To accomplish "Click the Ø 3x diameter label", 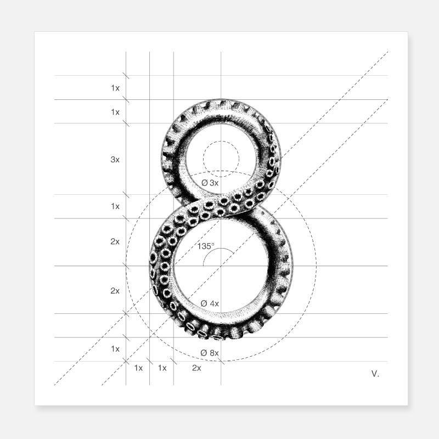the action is tap(210, 183).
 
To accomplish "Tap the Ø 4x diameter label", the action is tap(210, 303).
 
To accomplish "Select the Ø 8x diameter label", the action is tap(210, 353).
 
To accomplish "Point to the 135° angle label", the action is tap(206, 246).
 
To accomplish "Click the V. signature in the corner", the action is tap(375, 374).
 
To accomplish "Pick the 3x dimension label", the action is tap(115, 159).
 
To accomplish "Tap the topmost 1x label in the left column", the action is tap(115, 88).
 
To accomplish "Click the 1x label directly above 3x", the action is tap(115, 112).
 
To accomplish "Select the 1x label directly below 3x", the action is tap(115, 206).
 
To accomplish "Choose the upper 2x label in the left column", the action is tap(115, 241).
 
